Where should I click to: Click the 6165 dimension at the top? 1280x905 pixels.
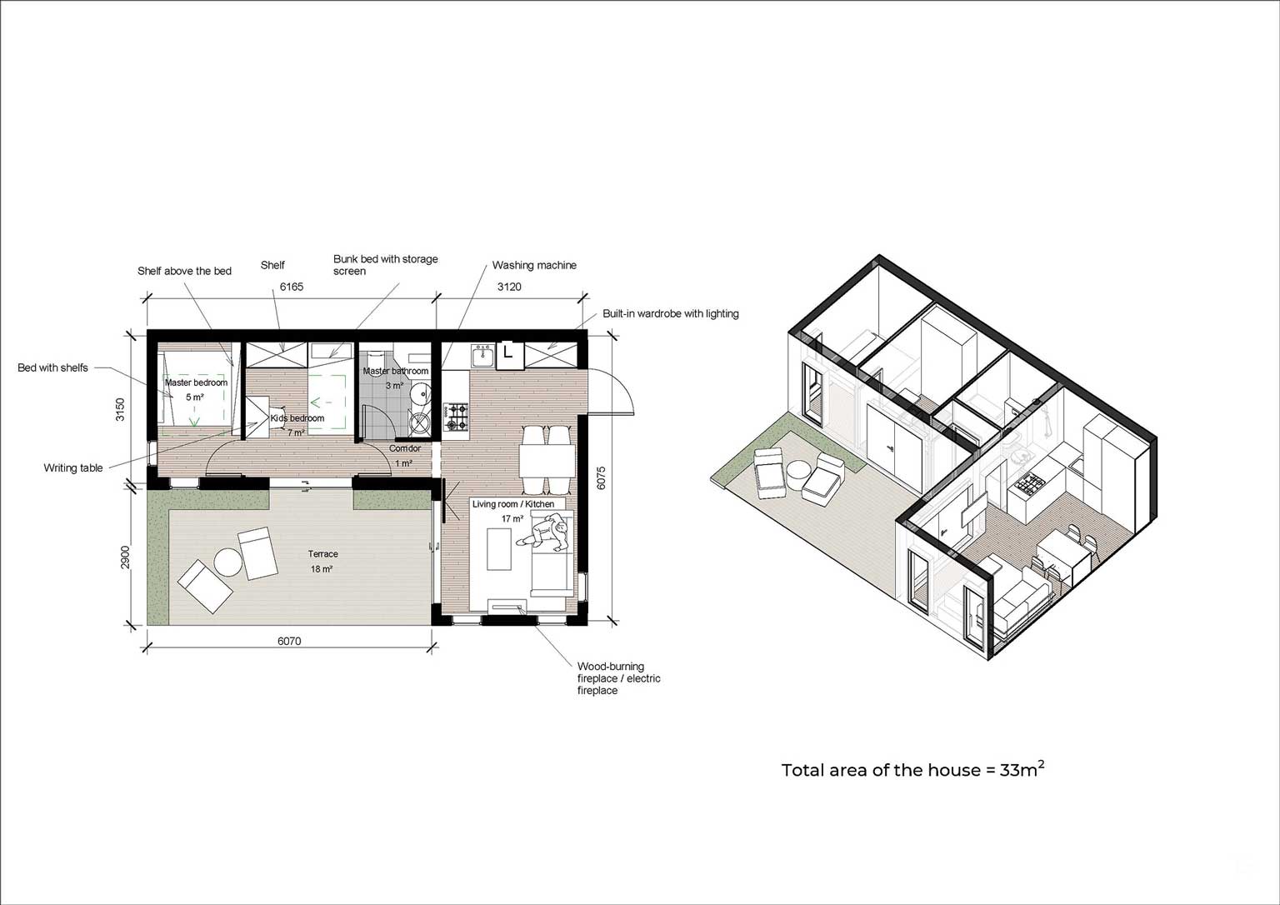point(292,287)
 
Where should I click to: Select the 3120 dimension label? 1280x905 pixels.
point(509,287)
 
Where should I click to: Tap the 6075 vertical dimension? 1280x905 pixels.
point(602,477)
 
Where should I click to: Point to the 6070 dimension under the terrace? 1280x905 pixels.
point(289,641)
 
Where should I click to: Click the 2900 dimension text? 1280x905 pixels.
point(125,558)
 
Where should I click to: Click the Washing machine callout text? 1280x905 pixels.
point(533,265)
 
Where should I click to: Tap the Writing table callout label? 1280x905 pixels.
point(73,468)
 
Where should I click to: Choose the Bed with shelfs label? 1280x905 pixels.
point(52,367)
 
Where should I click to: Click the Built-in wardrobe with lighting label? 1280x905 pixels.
point(671,313)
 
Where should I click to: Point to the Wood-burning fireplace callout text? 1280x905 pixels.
point(618,678)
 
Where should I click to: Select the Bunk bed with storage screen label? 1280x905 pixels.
point(385,264)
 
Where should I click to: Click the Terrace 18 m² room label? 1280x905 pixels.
point(322,561)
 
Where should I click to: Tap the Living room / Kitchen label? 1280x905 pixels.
point(512,504)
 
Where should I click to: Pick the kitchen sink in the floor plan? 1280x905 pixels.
point(482,357)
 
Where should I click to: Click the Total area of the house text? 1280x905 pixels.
point(912,770)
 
